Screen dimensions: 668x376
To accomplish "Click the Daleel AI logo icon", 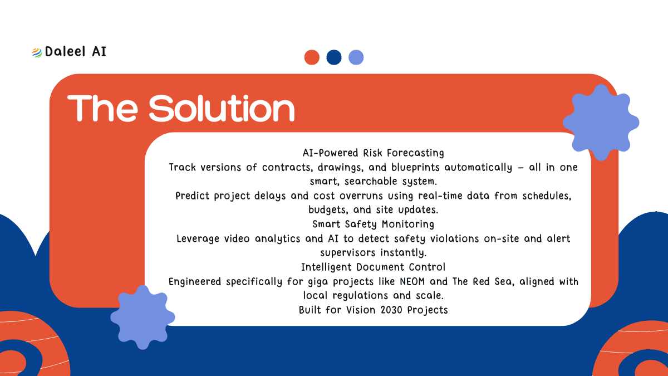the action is click(37, 52).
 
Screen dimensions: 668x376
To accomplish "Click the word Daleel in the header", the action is click(65, 51).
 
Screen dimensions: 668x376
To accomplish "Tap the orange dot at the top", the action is click(312, 57).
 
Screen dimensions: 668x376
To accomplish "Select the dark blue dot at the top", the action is click(334, 57).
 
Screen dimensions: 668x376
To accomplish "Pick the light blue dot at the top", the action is click(356, 57).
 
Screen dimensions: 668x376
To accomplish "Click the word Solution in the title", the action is click(222, 108).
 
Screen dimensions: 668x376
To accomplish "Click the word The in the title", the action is click(102, 108).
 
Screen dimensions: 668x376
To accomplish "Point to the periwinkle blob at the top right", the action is click(601, 123).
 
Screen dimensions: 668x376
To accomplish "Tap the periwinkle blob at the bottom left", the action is click(143, 317).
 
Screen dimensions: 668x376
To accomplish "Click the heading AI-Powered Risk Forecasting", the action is click(374, 153).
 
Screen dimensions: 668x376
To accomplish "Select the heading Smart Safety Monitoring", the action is click(374, 224).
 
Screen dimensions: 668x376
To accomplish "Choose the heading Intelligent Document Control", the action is click(374, 267).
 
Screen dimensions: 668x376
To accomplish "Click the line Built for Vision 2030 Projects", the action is click(374, 310).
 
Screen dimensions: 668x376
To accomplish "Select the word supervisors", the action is click(348, 253).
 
